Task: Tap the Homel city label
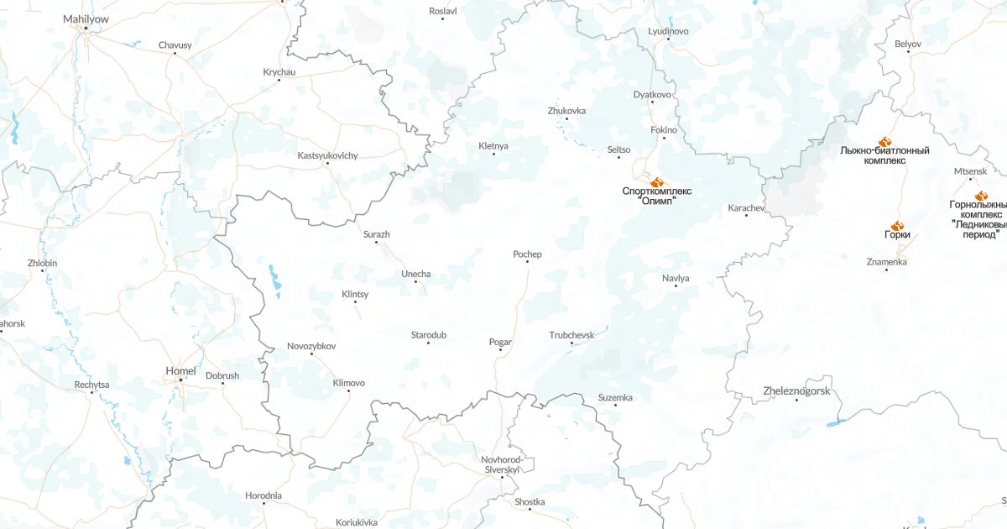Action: [181, 370]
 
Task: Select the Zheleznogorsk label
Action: [796, 391]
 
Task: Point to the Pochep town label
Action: [527, 254]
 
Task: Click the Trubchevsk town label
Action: [571, 335]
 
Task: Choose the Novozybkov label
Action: [311, 346]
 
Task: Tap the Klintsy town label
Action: [355, 294]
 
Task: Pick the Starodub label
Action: [428, 335]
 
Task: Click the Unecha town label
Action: [416, 275]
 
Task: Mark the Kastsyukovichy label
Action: [327, 155]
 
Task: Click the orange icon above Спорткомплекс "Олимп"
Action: [657, 181]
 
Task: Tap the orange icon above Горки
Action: [897, 225]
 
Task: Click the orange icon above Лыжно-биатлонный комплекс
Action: [884, 141]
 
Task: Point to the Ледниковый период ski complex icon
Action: [981, 195]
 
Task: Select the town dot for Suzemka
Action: [616, 406]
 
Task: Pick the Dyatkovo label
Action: [653, 94]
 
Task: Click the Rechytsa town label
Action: [91, 385]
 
